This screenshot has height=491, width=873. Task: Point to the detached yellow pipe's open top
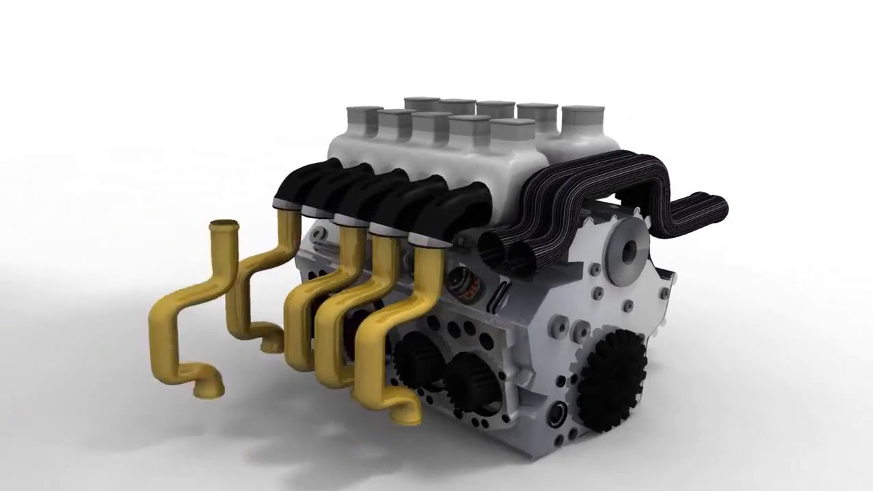pos(224,225)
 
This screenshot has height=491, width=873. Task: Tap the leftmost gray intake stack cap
pos(364,112)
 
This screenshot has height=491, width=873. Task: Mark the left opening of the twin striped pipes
pos(492,250)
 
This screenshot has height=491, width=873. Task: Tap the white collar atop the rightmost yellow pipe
pos(428,239)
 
